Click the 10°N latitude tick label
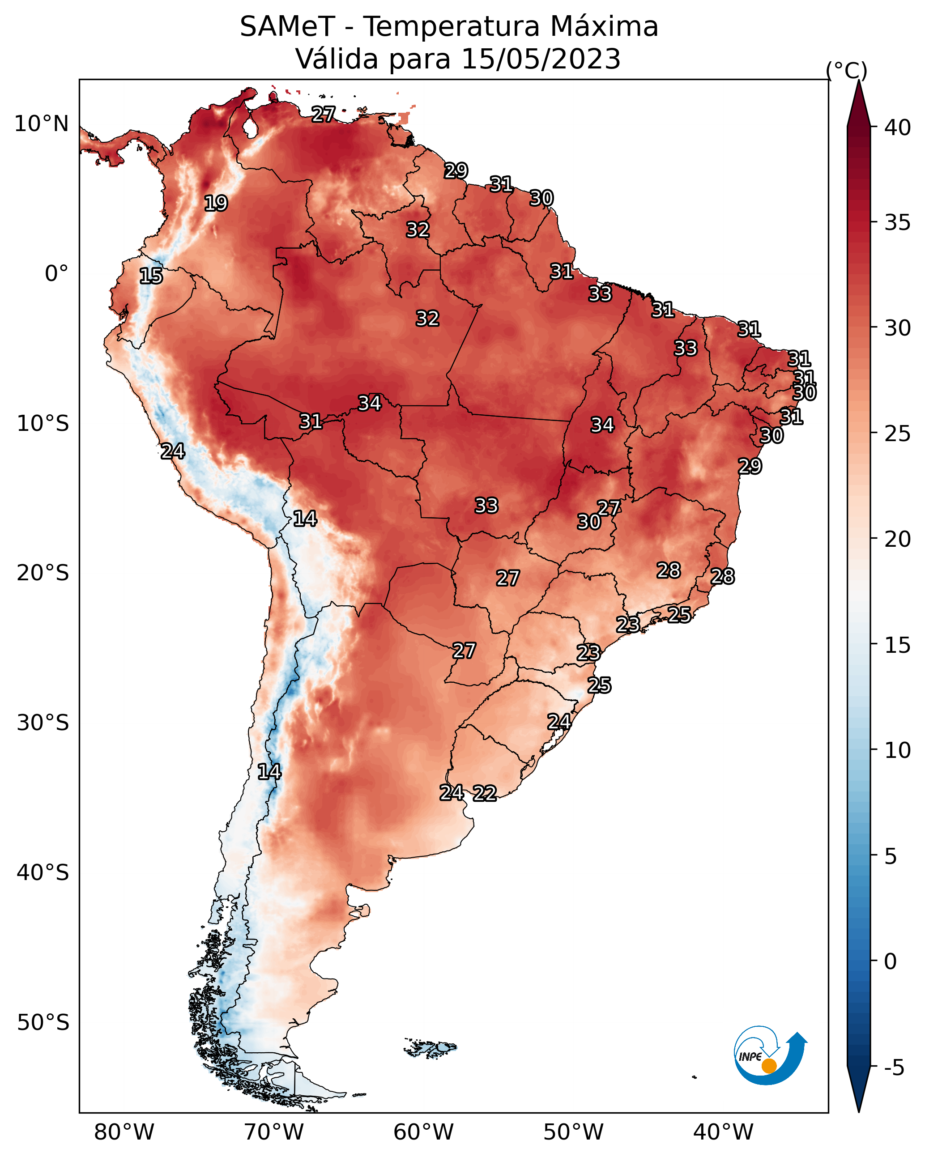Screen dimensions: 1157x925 [41, 124]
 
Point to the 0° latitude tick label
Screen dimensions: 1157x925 [57, 274]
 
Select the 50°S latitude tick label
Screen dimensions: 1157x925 [43, 1023]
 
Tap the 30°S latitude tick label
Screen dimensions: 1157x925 [43, 723]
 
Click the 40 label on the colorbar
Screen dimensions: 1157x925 [898, 128]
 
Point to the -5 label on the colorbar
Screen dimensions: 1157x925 [895, 1068]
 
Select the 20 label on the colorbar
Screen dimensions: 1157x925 [898, 539]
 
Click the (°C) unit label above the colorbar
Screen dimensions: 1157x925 [847, 70]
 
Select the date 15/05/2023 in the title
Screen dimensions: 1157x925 [541, 59]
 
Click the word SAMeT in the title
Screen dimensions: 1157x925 [287, 27]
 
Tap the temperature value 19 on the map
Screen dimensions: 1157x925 [216, 204]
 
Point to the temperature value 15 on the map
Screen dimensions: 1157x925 [151, 276]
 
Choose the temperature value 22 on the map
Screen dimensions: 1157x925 [484, 793]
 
